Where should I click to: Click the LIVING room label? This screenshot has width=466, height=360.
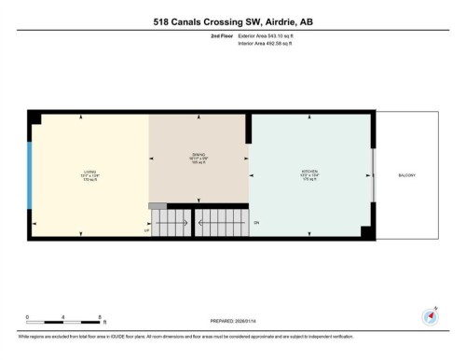click(x=89, y=173)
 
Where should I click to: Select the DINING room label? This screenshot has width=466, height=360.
click(x=199, y=156)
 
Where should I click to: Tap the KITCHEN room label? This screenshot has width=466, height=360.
click(x=310, y=173)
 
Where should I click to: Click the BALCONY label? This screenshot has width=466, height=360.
click(x=406, y=175)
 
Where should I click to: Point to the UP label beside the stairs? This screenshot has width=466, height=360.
click(x=145, y=224)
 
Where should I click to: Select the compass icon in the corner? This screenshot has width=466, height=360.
click(x=430, y=315)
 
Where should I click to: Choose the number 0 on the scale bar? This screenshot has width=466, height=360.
click(x=27, y=318)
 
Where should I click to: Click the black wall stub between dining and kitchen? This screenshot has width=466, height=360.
click(x=248, y=129)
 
